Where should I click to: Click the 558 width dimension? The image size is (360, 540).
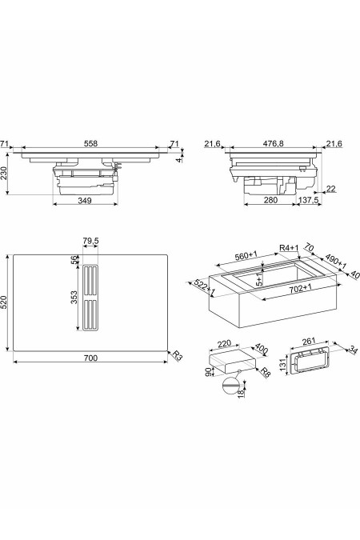tap(91, 144)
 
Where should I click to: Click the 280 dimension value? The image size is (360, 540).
tap(271, 201)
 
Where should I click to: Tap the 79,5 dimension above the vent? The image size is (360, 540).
tap(90, 241)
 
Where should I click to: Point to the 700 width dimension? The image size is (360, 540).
tap(90, 358)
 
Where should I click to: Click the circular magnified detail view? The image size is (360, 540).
tap(231, 389)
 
